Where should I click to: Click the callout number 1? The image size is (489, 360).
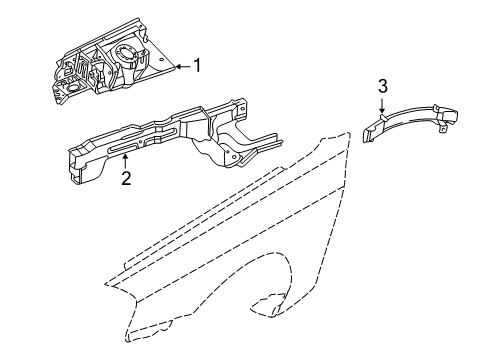coord(197,67)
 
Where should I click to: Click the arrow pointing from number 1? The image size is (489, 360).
coord(180,67)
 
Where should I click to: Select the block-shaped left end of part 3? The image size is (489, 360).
coord(373,126)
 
